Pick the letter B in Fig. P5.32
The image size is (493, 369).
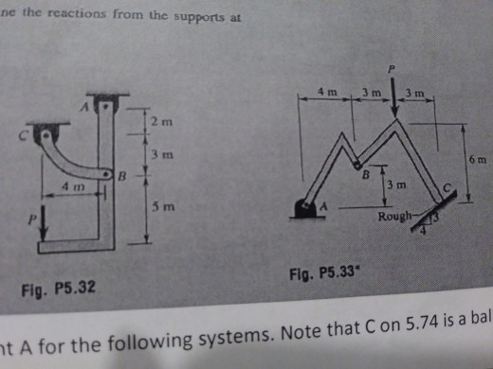[120, 175]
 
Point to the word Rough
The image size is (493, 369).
[393, 218]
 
